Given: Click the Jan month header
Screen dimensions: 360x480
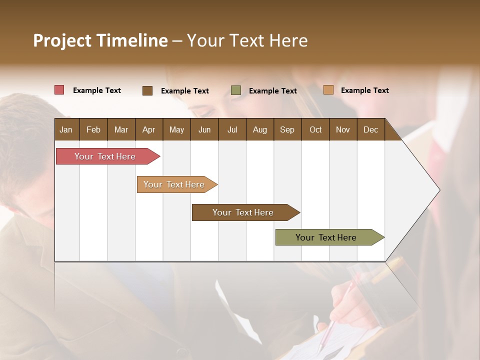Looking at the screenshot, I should [x=66, y=129].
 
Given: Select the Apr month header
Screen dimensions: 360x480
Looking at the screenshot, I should [x=148, y=129].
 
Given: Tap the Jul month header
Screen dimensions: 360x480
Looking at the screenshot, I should [x=232, y=129].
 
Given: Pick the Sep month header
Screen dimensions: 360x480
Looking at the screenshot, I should [x=287, y=129].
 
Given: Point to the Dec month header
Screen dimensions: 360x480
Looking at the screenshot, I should [x=370, y=129].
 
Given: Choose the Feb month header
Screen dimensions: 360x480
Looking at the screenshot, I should [x=93, y=129].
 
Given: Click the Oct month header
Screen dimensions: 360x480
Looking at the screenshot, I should [x=315, y=129].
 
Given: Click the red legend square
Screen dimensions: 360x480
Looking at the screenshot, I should [x=59, y=90].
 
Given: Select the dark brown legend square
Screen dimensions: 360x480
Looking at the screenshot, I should [x=147, y=90].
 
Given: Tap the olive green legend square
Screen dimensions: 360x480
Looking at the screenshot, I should [x=236, y=90].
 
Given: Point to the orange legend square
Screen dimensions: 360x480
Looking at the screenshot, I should [x=328, y=90].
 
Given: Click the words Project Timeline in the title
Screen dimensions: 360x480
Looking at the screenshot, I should [x=100, y=40].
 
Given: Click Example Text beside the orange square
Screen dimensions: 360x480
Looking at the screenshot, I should [x=364, y=90].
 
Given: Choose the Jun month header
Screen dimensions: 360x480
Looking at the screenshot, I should [x=204, y=129].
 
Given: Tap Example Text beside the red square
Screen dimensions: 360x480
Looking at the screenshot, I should [x=97, y=90].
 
